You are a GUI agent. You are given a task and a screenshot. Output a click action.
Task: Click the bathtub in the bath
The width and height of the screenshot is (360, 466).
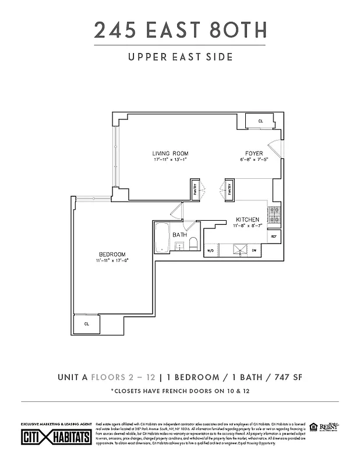click(x=161, y=238)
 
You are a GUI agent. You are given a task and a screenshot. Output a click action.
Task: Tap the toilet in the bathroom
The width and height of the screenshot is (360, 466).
click(x=193, y=243)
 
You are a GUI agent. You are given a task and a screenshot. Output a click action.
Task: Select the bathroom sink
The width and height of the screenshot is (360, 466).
click(x=179, y=247)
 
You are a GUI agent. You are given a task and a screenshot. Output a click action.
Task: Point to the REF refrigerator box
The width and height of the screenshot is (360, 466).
click(x=274, y=236)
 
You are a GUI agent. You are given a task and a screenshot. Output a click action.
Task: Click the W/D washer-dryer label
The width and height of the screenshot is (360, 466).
click(x=211, y=250)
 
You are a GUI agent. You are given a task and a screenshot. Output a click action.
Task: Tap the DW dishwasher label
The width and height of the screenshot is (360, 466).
click(x=254, y=250)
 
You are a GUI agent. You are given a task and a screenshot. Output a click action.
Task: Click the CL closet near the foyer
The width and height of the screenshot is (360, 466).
click(x=260, y=121)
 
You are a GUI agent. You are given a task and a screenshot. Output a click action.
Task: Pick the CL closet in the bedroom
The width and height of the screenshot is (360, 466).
click(x=86, y=324)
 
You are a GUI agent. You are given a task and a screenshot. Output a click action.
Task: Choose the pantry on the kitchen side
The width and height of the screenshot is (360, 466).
click(x=230, y=189)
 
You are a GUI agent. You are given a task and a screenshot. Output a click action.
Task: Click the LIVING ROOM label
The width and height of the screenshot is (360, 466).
click(x=171, y=154)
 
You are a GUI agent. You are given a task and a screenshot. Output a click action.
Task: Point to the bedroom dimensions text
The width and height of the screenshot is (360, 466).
click(x=112, y=261)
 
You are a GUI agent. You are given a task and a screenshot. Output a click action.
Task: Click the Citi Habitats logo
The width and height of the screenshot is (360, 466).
click(x=56, y=436)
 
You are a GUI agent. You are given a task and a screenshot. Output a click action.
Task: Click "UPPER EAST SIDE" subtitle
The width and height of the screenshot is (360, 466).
click(x=180, y=57)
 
